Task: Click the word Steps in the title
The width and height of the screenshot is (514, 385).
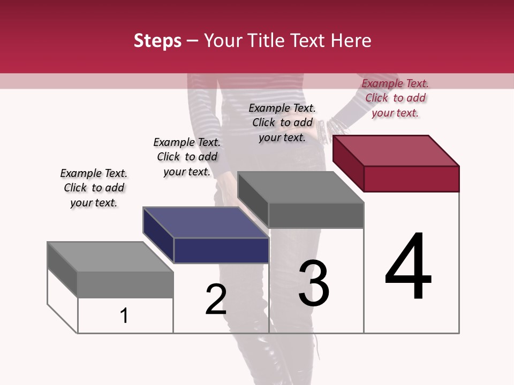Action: click(x=157, y=41)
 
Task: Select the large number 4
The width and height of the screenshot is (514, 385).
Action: click(x=408, y=267)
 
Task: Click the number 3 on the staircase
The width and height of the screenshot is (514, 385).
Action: click(x=314, y=283)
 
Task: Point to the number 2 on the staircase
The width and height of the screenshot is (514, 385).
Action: click(x=216, y=299)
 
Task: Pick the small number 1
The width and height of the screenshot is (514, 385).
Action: click(x=124, y=316)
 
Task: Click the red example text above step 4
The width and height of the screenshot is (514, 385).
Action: click(x=395, y=98)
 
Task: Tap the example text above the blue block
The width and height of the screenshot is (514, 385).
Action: click(x=187, y=157)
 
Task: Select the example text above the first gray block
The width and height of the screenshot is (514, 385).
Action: click(x=94, y=188)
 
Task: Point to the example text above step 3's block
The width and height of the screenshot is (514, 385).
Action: click(x=282, y=122)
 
